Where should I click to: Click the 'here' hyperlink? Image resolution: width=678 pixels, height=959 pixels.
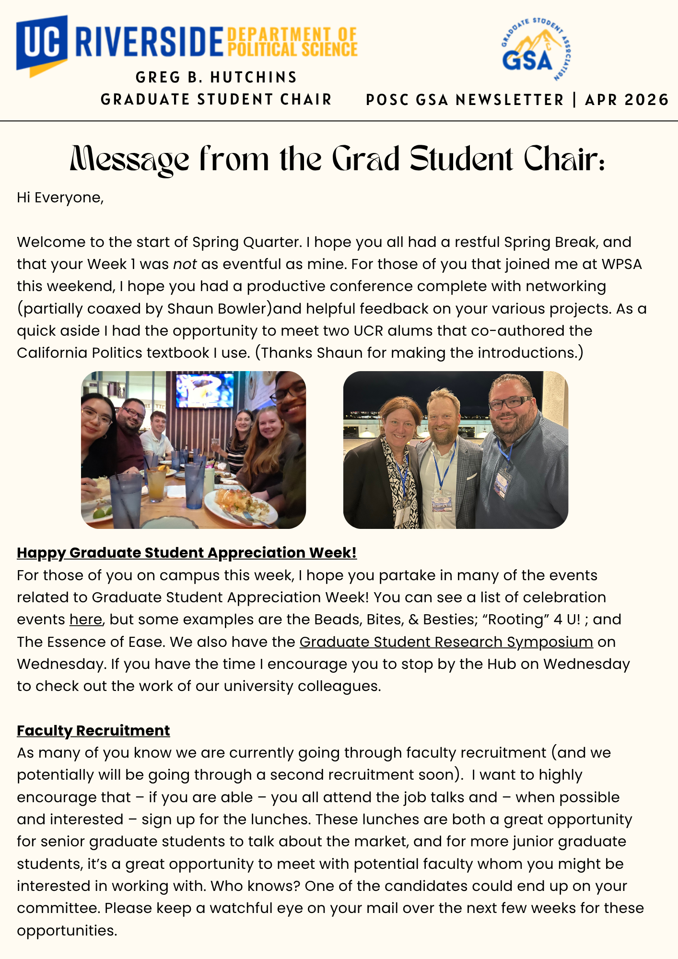86,620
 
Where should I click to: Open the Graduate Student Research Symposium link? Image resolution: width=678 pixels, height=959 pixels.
446,642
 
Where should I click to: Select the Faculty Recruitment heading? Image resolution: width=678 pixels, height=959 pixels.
93,730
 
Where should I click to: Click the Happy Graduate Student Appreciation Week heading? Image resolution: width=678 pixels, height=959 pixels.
187,553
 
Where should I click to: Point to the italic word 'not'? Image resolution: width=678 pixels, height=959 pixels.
185,264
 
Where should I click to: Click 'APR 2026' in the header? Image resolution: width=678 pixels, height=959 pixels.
626,100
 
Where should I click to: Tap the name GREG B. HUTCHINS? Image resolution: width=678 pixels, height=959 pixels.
216,77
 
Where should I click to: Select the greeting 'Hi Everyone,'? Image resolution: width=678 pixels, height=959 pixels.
60,198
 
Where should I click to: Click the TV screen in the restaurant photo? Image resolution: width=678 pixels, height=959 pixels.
204,390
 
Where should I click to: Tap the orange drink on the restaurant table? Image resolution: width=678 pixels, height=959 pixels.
157,484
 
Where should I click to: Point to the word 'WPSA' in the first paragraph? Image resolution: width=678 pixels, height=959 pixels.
621,264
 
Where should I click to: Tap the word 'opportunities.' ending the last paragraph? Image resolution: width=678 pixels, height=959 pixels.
67,931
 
